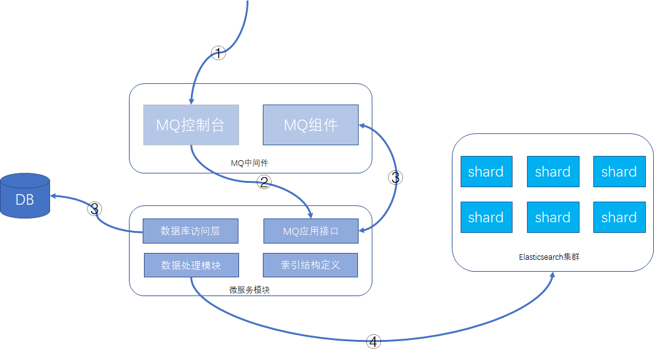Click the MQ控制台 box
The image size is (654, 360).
(191, 125)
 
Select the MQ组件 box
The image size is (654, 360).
(310, 125)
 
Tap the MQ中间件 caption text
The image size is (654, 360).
(250, 163)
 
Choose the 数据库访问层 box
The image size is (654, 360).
(191, 231)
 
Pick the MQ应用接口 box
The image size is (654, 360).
(310, 231)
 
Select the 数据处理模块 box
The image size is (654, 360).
(191, 265)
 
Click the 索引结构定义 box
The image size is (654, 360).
(310, 265)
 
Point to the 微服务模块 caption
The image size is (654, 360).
(250, 290)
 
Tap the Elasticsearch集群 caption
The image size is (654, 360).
(549, 257)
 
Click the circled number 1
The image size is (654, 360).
(218, 53)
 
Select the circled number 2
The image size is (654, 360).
(264, 182)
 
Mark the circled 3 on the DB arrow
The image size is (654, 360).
(95, 209)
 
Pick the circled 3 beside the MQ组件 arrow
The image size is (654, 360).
(394, 177)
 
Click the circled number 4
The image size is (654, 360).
(373, 341)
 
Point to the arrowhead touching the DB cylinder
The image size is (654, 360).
(54, 196)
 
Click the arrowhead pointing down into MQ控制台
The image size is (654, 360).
(191, 101)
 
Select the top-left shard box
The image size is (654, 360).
(486, 172)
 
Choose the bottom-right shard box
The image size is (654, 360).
(619, 217)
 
